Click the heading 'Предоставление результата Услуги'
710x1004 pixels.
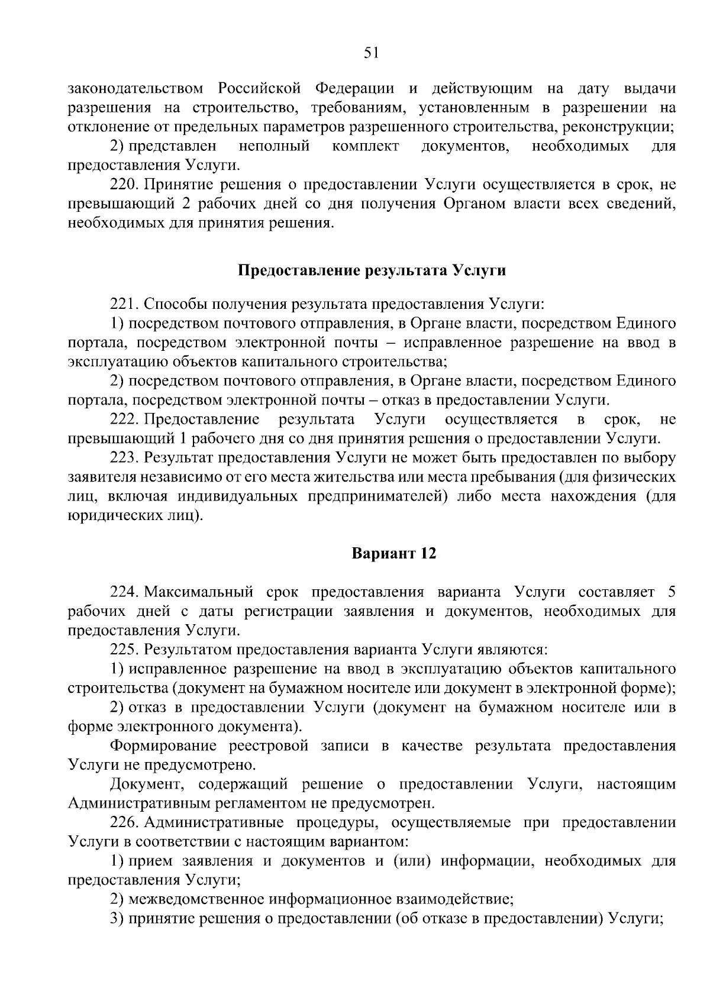[x=372, y=271]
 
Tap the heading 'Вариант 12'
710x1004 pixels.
[x=393, y=554]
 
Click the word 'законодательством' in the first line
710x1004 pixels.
[x=135, y=89]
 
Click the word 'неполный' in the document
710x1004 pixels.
[x=275, y=146]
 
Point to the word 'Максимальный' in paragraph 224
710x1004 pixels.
[x=199, y=592]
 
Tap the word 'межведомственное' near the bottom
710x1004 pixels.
[x=196, y=900]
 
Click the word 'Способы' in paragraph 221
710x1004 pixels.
[x=172, y=304]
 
